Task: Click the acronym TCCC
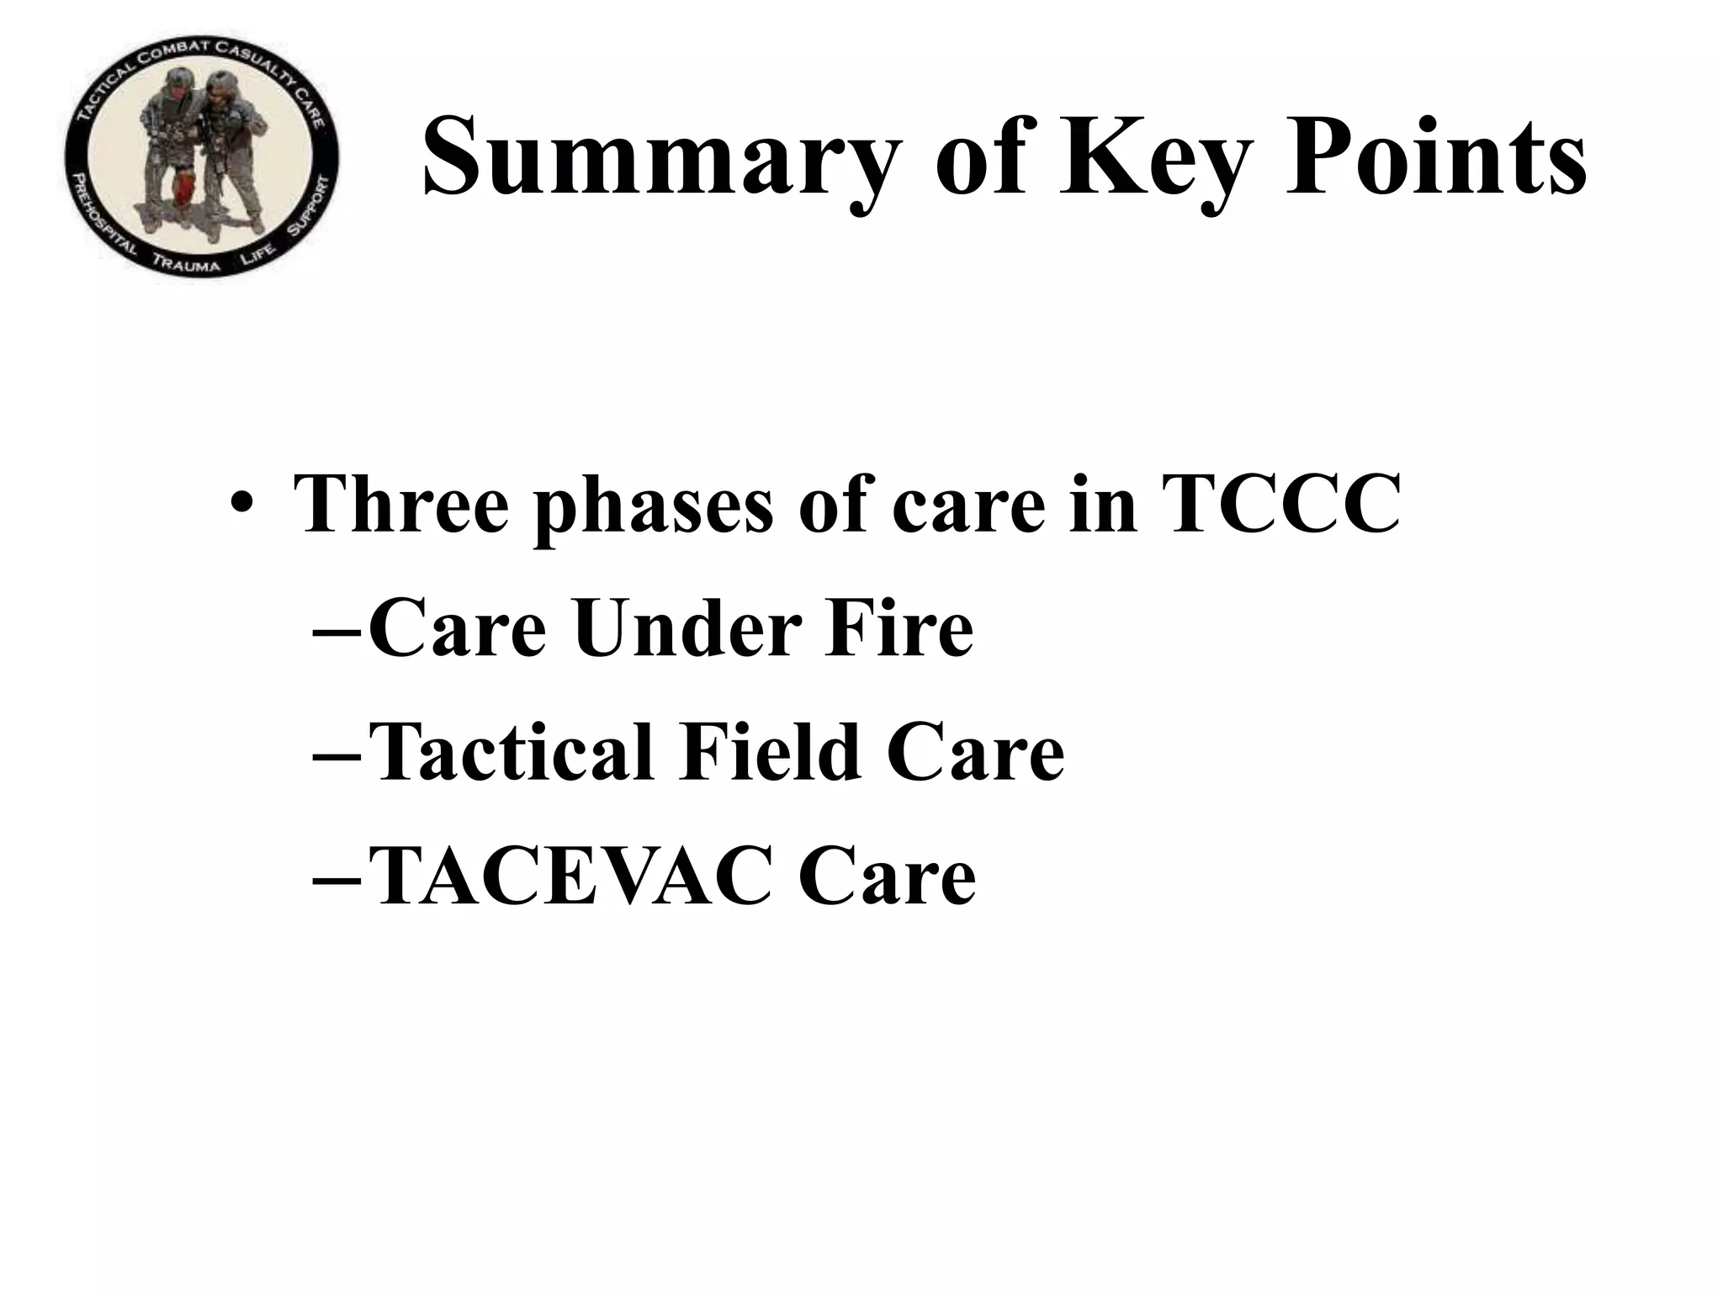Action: pos(1280,503)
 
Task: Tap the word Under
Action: pos(685,628)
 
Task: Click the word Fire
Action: pos(899,628)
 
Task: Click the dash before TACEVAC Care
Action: pos(337,877)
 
